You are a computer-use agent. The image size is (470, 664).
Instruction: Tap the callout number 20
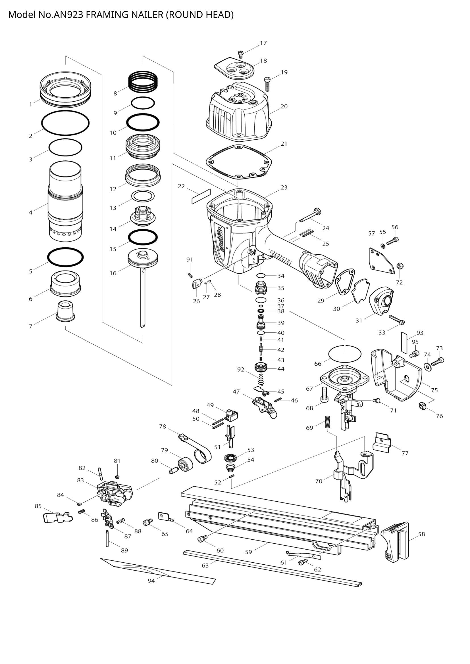(284, 106)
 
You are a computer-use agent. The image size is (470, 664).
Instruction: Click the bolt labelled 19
(267, 84)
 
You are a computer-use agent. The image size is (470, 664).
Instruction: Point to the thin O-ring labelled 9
(143, 103)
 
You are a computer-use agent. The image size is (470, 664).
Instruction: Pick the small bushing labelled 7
(65, 311)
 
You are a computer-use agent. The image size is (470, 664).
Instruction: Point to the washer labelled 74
(427, 366)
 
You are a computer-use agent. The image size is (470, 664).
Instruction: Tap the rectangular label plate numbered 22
(201, 197)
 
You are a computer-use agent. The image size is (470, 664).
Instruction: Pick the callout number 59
(248, 552)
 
